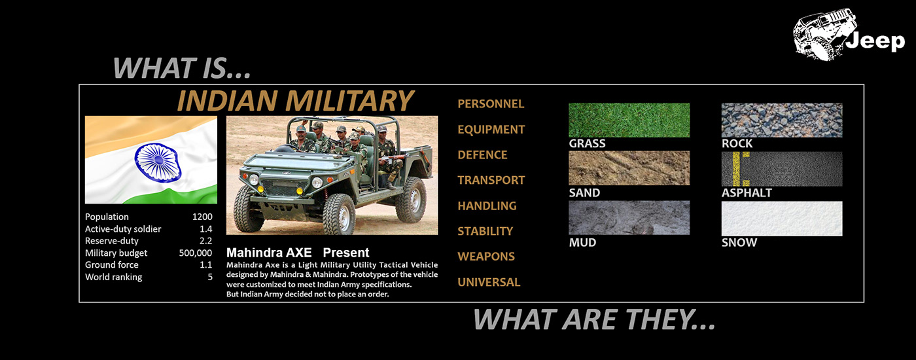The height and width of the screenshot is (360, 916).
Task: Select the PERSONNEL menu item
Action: pos(491,104)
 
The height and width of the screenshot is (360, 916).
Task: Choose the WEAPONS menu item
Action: pos(485,257)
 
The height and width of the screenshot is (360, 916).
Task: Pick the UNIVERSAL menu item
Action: pos(489,282)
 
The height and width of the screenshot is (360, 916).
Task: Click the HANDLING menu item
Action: pos(487,206)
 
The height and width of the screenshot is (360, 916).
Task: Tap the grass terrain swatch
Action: pos(629,120)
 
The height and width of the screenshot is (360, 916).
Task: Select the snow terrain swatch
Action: pos(781,219)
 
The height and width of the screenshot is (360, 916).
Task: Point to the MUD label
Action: pos(582,243)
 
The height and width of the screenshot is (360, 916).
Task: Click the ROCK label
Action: pos(737,143)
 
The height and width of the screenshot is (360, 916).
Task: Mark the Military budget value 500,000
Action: pos(196,253)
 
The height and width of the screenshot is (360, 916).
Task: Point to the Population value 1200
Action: pos(202,217)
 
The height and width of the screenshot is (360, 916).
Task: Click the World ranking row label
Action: pos(114,277)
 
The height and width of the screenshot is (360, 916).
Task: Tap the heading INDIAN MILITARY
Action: pos(295,101)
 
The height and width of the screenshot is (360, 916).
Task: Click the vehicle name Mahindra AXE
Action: pos(269,253)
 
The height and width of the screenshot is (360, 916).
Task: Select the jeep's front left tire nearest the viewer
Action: pos(339,213)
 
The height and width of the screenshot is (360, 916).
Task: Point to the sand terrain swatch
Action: pos(629,168)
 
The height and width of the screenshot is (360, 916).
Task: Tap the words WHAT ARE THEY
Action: pos(594,319)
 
